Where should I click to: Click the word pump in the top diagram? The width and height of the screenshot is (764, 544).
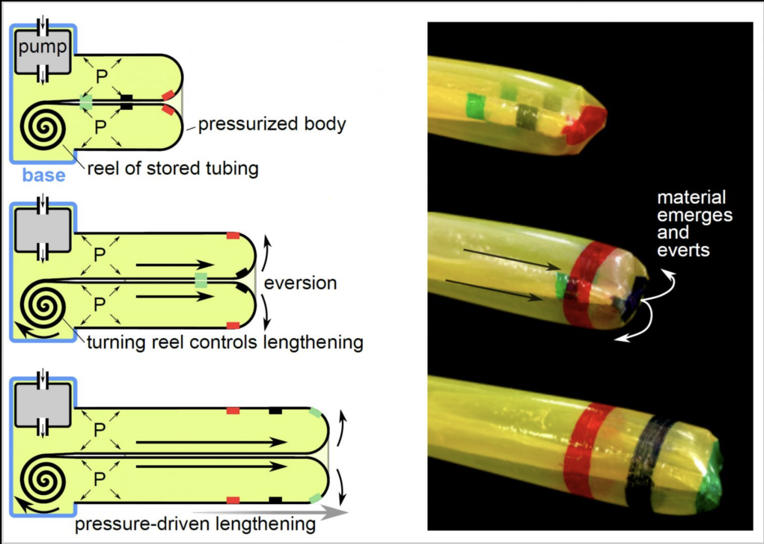[x=42, y=47]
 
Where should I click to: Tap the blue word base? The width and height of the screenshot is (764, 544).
[x=44, y=175]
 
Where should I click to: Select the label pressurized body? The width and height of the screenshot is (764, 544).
[x=272, y=124]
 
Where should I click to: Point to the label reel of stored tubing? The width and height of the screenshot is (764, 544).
[x=173, y=168]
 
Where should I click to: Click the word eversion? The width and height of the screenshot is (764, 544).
[x=300, y=283]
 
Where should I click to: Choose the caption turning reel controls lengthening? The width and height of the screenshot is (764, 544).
[x=225, y=342]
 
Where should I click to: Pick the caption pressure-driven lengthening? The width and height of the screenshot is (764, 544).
[x=195, y=524]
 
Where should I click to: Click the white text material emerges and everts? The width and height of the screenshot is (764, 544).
[x=694, y=223]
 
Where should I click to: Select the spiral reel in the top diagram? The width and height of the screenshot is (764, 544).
[x=43, y=127]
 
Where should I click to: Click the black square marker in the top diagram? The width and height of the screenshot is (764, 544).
[x=127, y=102]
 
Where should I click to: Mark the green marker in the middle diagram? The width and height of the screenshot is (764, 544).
[x=201, y=280]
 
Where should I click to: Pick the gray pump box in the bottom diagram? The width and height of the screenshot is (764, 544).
[x=43, y=405]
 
